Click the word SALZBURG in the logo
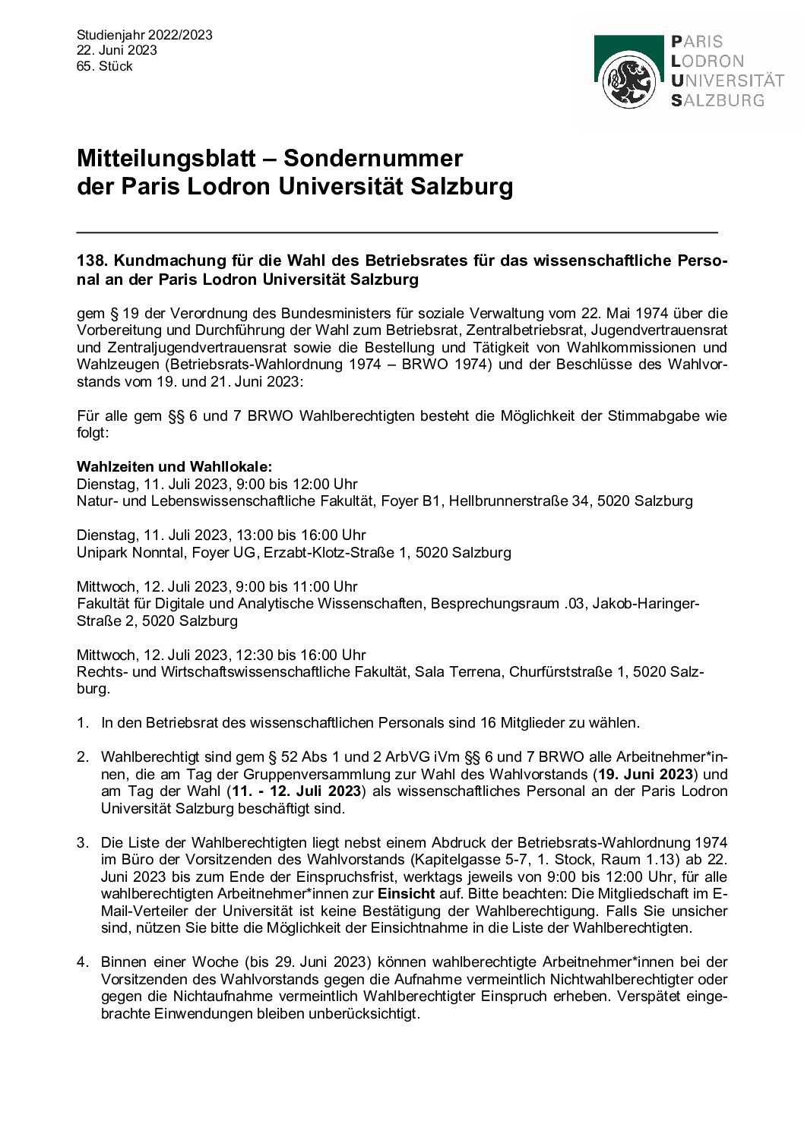(718, 100)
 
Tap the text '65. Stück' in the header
(105, 66)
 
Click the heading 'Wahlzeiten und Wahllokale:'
(174, 466)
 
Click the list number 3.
(82, 842)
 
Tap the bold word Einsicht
(407, 894)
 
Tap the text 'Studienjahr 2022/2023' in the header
(144, 35)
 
